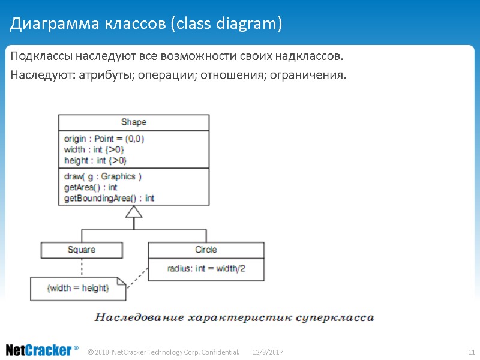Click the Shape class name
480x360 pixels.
pos(133,122)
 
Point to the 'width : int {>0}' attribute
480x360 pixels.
pos(94,149)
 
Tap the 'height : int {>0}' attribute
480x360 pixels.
pos(95,160)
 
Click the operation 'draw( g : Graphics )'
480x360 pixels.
pos(103,176)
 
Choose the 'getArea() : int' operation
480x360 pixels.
pos(91,187)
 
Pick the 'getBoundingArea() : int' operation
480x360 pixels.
pos(109,198)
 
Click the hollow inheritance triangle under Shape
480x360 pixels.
pos(134,212)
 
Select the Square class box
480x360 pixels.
pos(82,250)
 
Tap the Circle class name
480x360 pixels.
pos(206,250)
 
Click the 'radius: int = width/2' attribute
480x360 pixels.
pos(206,269)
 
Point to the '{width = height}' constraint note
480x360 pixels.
pos(78,289)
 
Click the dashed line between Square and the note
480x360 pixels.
pos(82,267)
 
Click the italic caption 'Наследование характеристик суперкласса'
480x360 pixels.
pos(235,317)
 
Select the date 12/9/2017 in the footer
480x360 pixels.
pos(268,351)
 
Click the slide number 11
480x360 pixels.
pos(471,351)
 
